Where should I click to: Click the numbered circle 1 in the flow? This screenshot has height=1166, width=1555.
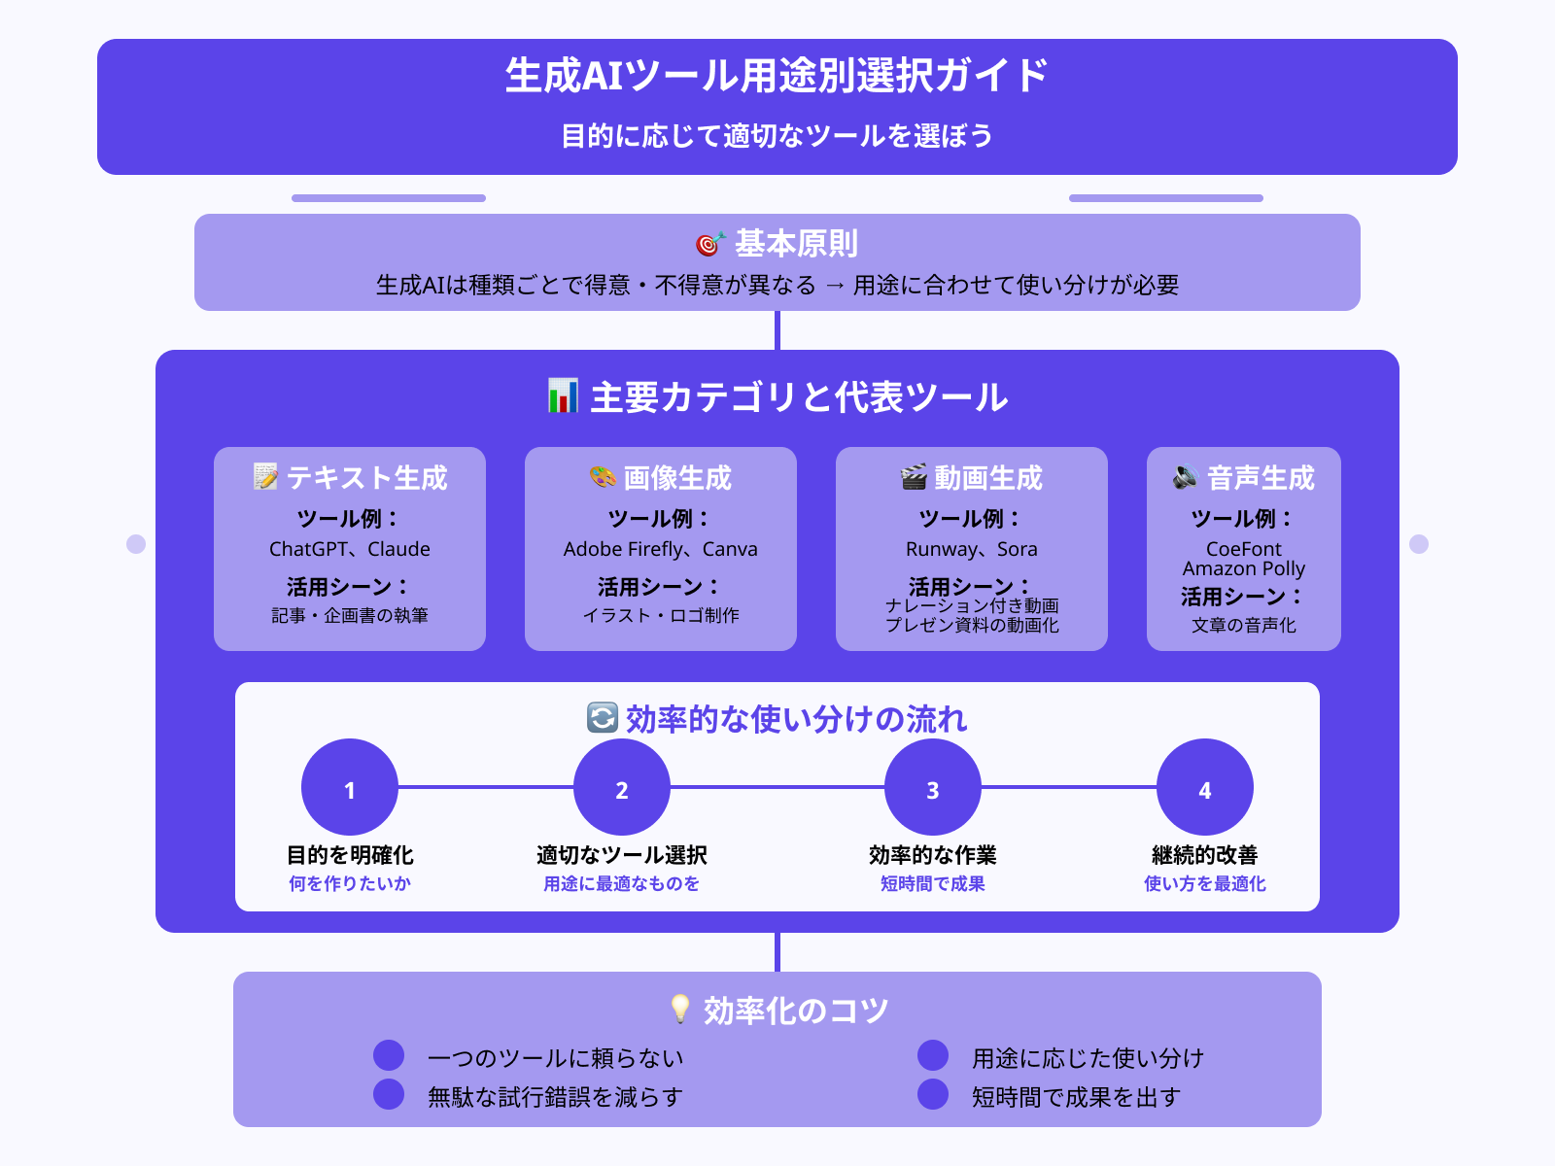point(350,788)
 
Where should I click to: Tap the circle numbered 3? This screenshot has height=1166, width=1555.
point(933,788)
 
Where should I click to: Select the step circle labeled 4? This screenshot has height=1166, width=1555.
point(1205,788)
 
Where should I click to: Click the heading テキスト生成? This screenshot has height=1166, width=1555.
point(366,478)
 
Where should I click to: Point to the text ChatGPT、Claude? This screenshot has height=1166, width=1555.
point(350,549)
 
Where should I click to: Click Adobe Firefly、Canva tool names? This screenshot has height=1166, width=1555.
point(661,549)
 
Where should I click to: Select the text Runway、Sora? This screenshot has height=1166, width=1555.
point(972,549)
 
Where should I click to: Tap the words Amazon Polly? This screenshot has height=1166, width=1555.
point(1244,568)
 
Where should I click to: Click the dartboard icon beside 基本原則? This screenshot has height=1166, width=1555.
point(710,244)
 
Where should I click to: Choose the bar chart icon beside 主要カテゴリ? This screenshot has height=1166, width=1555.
point(563,396)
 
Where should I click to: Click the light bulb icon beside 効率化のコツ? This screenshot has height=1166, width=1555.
point(680,1010)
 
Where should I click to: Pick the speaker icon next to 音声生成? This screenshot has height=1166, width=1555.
point(1185,477)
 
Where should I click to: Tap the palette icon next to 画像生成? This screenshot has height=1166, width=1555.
point(603,477)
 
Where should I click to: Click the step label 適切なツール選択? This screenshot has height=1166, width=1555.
point(622,855)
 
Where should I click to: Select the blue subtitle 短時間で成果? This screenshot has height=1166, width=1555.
point(933,883)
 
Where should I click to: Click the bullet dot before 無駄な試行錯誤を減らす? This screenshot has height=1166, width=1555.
point(389,1094)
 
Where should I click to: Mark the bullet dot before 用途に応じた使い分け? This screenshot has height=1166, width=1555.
point(933,1055)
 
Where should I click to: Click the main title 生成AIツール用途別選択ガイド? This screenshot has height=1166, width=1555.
point(777,76)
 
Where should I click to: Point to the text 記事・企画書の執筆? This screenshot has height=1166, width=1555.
point(350,615)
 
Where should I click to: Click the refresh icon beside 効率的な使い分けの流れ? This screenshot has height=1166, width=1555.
point(603,718)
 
